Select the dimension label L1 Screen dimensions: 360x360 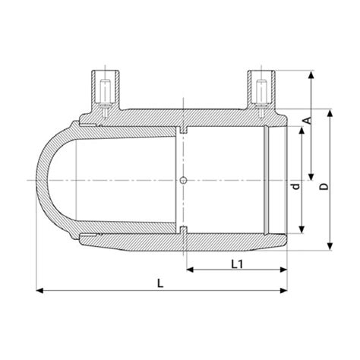[x=236, y=263]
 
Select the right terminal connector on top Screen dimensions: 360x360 [x=260, y=91]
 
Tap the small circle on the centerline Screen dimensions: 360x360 [x=185, y=180]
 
